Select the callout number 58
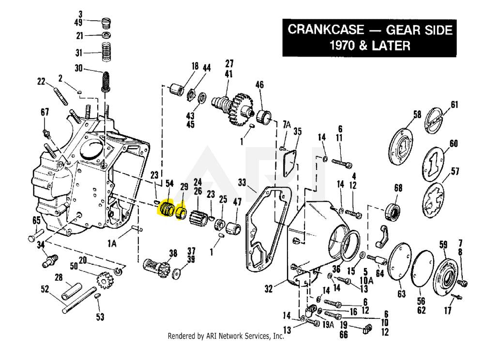point(417,115)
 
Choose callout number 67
point(45,112)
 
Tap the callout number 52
point(45,289)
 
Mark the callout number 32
point(269,289)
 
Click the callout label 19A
point(329,325)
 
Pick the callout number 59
point(443,244)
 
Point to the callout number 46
point(259,85)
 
